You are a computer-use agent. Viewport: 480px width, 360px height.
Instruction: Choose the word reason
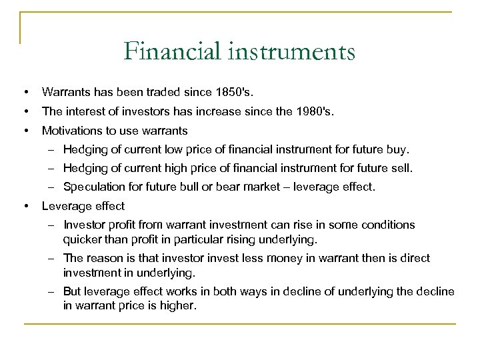tap(101, 258)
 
